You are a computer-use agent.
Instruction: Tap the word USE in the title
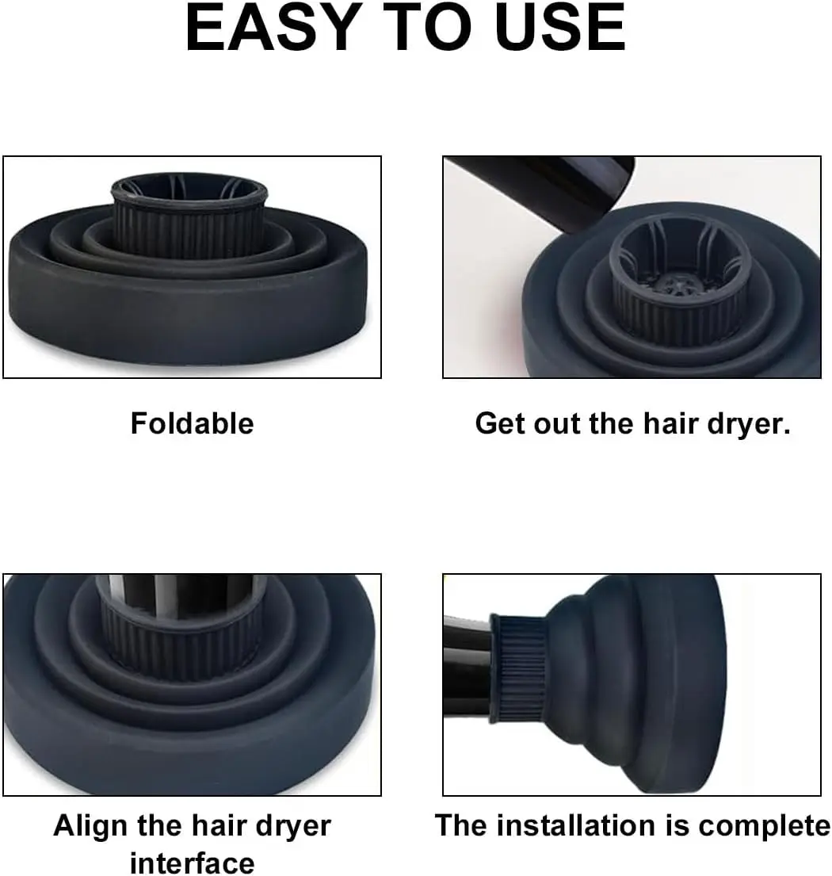coord(560,28)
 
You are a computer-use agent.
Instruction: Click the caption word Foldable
coord(192,423)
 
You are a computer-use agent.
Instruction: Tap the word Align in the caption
coord(92,827)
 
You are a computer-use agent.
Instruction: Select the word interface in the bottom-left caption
coord(192,863)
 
